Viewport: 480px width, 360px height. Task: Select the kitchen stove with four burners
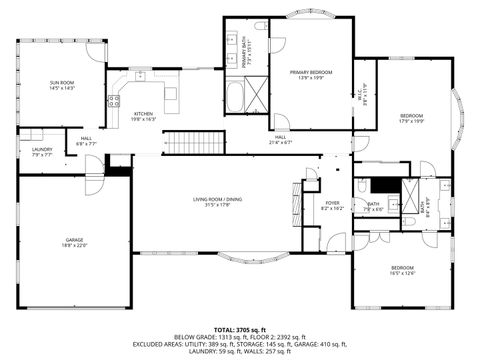click(x=114, y=100)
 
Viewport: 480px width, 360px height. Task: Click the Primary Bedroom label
click(x=311, y=74)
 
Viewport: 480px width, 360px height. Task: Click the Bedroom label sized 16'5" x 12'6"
click(x=402, y=269)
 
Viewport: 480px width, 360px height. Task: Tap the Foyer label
click(x=333, y=205)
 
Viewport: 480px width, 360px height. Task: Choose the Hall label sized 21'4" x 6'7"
click(x=281, y=139)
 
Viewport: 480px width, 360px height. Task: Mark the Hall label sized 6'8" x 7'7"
click(x=86, y=140)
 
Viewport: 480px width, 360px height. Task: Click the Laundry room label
click(x=42, y=151)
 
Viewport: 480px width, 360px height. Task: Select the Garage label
click(x=75, y=242)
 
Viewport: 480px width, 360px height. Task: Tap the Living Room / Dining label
click(x=217, y=202)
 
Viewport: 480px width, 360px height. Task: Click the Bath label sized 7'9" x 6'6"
click(x=373, y=206)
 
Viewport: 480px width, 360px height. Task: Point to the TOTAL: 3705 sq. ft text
click(x=240, y=328)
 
